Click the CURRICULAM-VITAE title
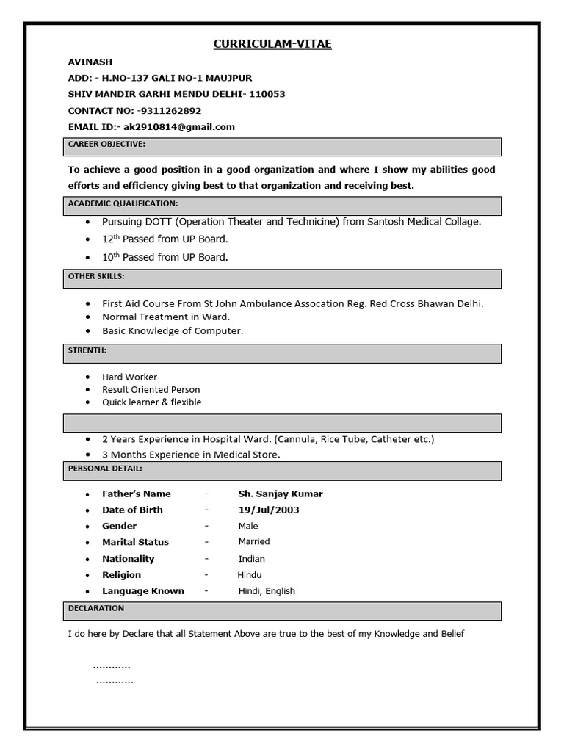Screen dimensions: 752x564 point(272,45)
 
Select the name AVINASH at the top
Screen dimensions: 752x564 point(90,62)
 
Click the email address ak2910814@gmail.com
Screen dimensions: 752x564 point(179,127)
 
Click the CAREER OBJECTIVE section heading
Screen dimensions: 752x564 point(106,145)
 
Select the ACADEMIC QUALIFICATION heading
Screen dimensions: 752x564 point(123,203)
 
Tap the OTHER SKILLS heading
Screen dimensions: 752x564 point(96,276)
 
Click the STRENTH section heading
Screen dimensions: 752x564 point(87,351)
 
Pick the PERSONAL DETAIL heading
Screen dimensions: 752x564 point(105,468)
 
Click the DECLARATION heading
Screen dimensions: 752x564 point(96,609)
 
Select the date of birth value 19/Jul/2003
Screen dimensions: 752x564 point(268,510)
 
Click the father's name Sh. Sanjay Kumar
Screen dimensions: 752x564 point(280,494)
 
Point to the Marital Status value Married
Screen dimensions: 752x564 point(254,542)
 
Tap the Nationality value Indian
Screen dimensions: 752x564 point(251,559)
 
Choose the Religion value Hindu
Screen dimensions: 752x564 point(249,575)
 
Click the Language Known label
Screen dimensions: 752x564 point(143,591)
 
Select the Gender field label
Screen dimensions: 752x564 point(120,527)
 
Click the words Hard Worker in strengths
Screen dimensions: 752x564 point(129,377)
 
